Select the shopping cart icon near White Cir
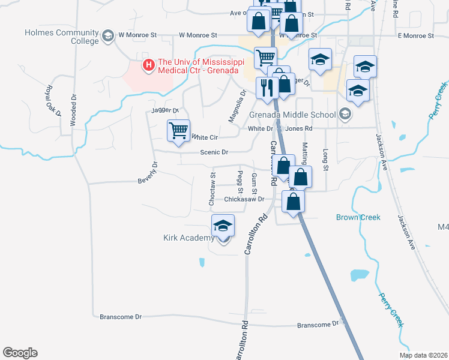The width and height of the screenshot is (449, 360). tap(178, 130)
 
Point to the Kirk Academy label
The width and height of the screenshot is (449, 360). tap(188, 238)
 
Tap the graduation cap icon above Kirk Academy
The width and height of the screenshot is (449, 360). tap(223, 226)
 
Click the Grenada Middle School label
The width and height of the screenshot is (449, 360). tap(294, 115)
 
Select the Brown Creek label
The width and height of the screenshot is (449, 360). tap(358, 217)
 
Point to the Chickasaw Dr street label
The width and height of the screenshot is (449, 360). tap(244, 199)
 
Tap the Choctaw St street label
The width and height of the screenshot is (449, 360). tap(212, 190)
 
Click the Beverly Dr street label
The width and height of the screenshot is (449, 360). tap(151, 173)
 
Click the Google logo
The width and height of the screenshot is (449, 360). tap(20, 353)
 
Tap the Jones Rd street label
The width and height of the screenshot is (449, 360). tap(299, 128)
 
